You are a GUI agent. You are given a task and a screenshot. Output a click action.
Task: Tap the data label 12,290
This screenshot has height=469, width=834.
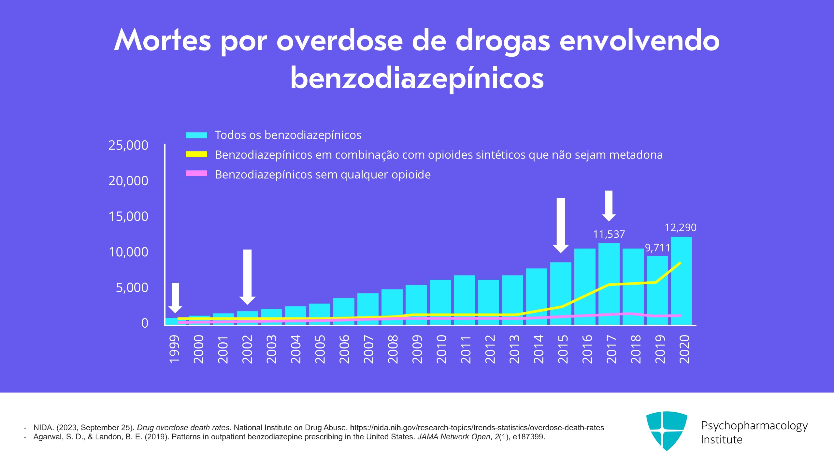tap(680, 227)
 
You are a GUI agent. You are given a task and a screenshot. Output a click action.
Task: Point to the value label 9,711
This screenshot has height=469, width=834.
tap(657, 248)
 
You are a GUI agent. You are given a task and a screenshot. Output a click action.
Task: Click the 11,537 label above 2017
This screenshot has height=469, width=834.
tap(609, 234)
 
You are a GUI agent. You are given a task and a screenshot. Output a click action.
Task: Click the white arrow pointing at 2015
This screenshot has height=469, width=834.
tap(561, 225)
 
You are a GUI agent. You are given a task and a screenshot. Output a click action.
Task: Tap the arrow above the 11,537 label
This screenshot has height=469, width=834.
tap(609, 205)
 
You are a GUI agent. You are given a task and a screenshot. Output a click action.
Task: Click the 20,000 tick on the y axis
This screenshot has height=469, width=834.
tap(128, 181)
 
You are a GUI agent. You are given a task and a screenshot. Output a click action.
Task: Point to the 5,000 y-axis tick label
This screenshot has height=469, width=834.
tap(132, 288)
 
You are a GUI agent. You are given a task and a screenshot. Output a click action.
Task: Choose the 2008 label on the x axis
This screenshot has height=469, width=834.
tap(393, 349)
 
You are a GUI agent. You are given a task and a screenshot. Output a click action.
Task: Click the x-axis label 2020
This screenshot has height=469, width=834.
tap(684, 349)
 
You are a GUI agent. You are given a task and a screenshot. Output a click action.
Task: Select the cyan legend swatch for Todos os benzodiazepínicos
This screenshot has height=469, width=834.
tap(196, 135)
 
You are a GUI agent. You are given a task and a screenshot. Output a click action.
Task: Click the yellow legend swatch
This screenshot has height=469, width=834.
tap(196, 154)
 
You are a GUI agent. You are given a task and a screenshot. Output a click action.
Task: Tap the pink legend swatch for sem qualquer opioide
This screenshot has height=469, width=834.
tap(196, 174)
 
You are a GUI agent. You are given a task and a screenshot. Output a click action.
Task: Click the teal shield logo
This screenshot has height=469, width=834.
tap(667, 430)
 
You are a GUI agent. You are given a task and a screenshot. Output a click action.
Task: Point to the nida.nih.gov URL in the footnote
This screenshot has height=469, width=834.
tap(477, 428)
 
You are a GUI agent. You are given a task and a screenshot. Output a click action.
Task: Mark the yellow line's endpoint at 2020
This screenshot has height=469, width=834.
tap(680, 263)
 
